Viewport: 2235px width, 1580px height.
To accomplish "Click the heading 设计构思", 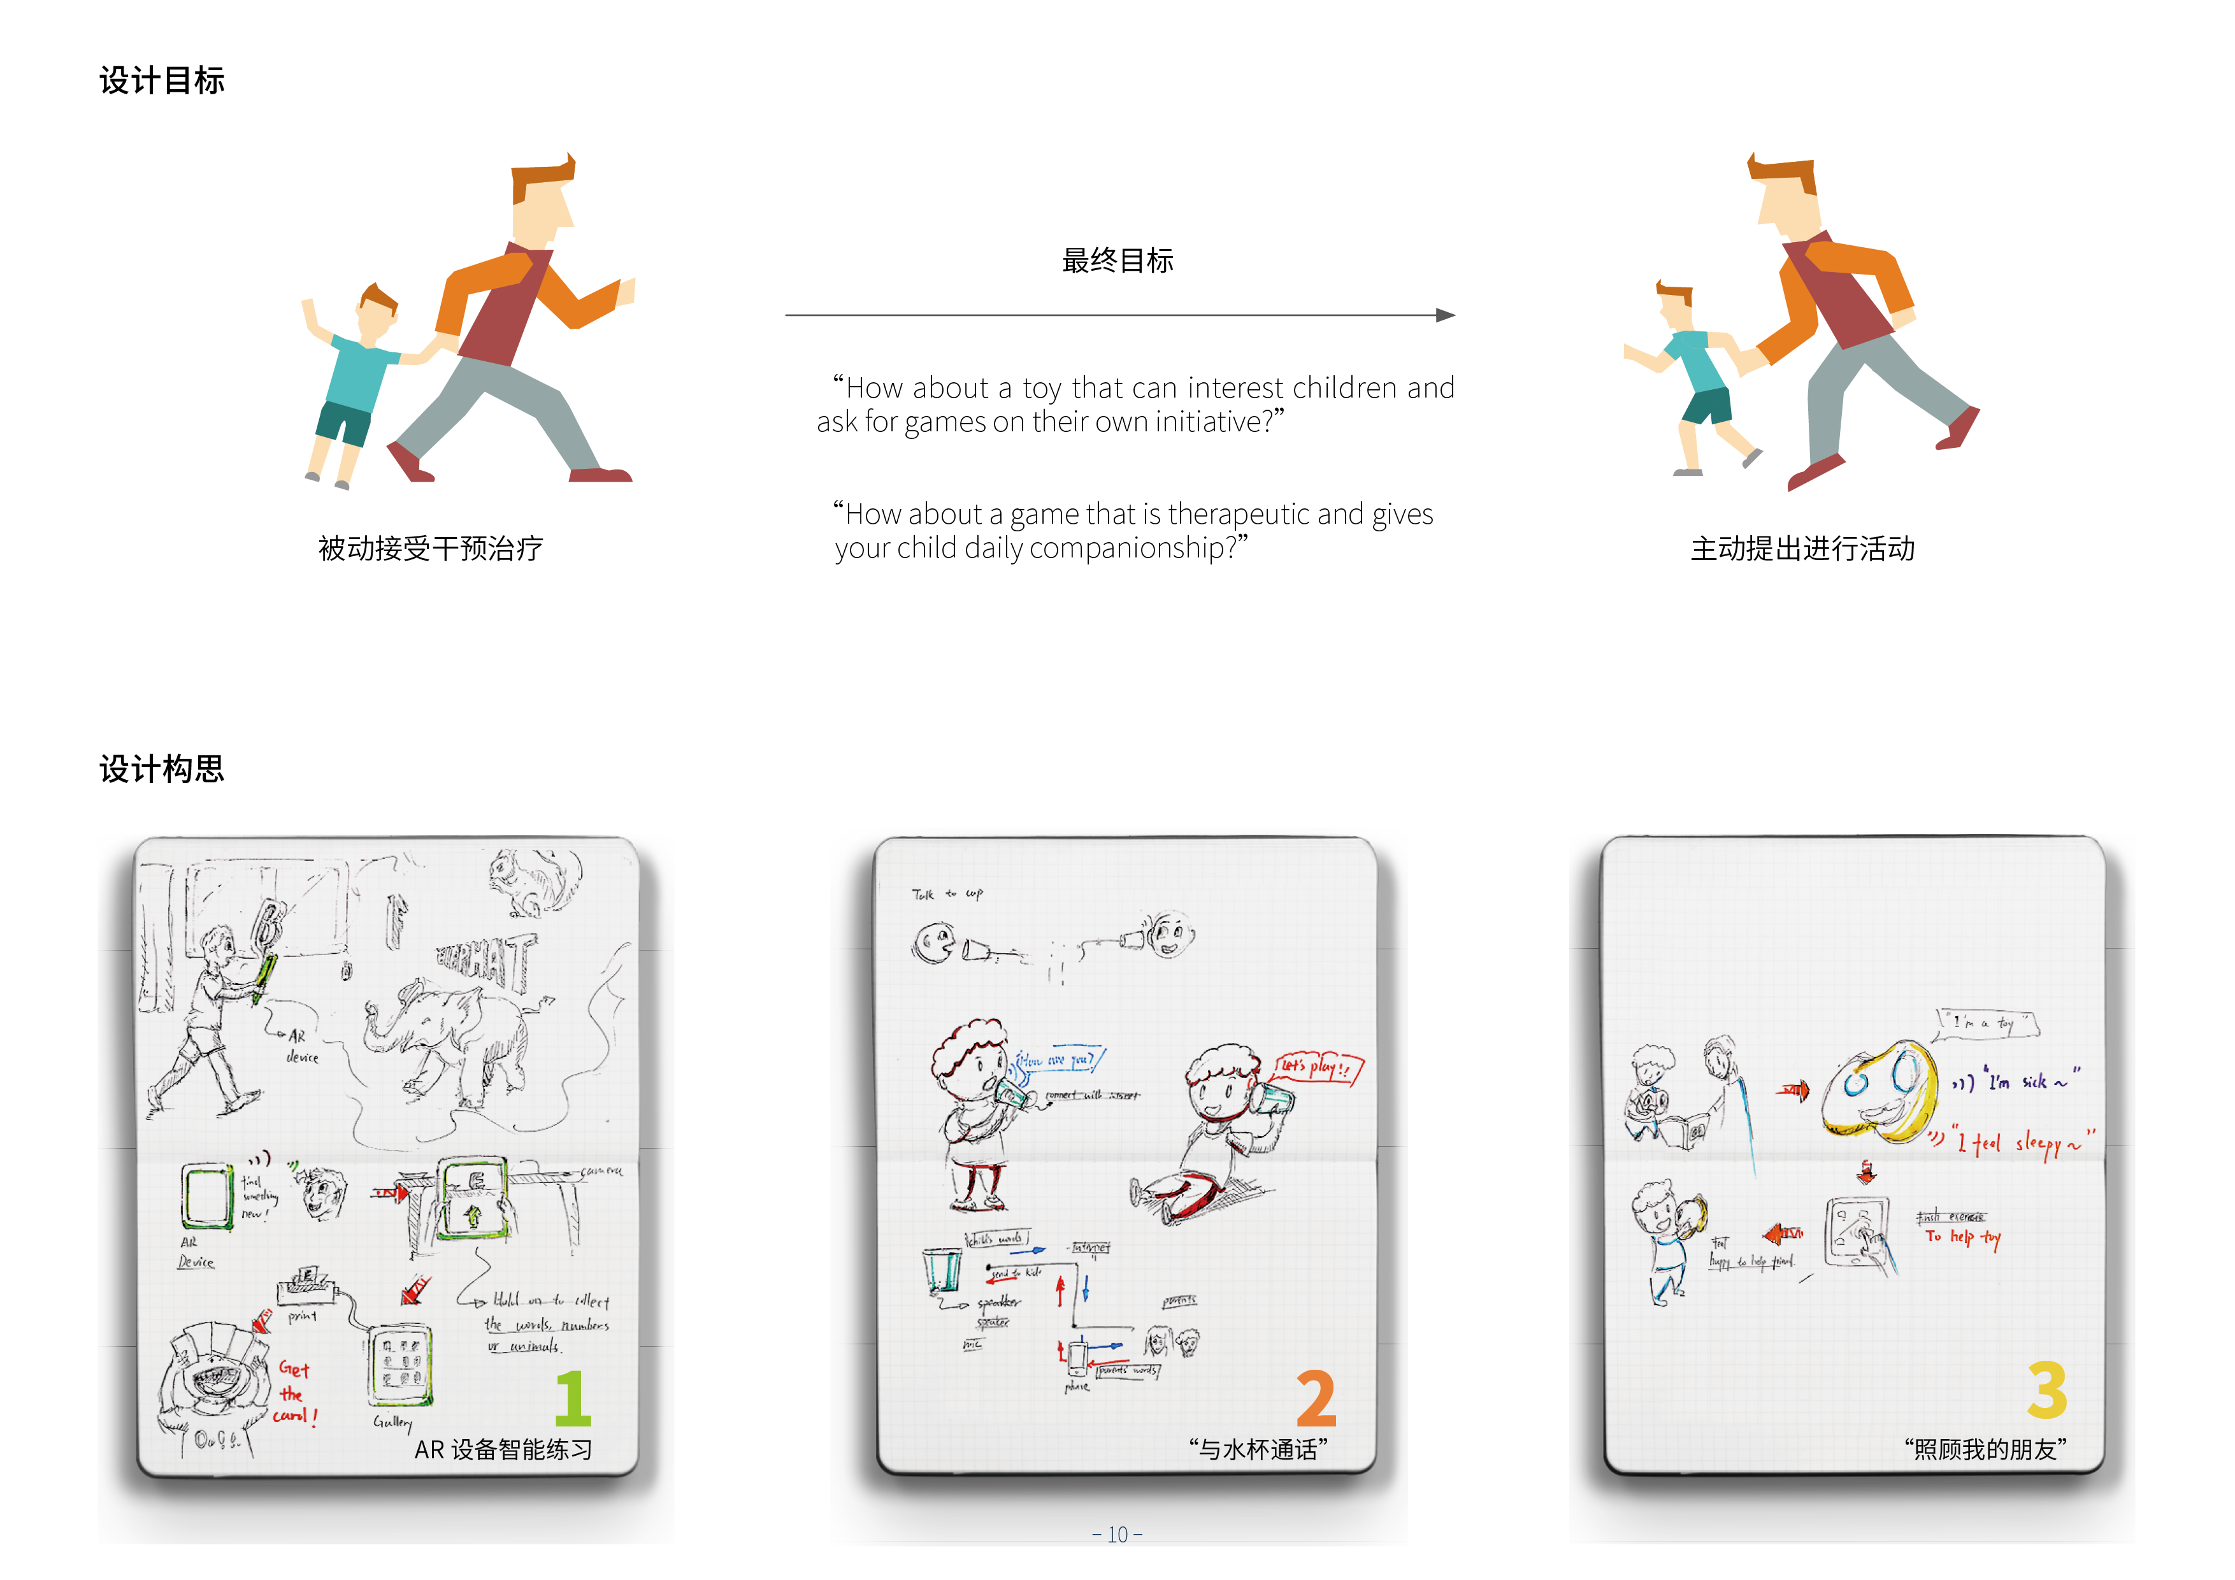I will [x=162, y=769].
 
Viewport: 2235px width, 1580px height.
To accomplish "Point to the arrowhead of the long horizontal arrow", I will [x=1446, y=315].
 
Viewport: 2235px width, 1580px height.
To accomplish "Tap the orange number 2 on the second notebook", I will [x=1316, y=1399].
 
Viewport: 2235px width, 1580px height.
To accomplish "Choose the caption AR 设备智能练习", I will [x=503, y=1449].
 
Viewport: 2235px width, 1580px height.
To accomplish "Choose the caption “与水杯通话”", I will [x=1258, y=1449].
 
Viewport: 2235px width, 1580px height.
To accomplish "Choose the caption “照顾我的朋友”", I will [x=1986, y=1449].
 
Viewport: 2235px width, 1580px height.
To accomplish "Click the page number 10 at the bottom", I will [x=1117, y=1534].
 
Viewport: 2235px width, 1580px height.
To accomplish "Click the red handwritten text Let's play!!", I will [x=1316, y=1067].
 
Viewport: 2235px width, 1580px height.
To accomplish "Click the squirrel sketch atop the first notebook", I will [x=531, y=881].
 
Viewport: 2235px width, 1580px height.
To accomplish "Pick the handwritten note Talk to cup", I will [x=946, y=894].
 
